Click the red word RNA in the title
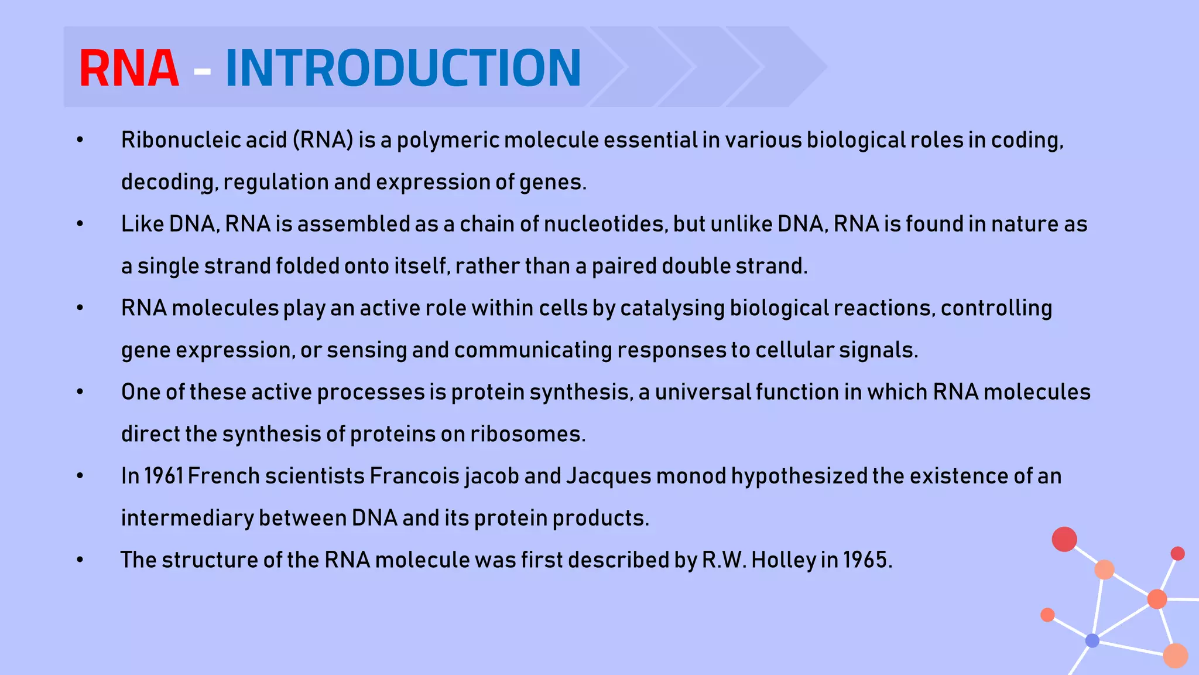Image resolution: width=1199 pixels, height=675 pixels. click(x=129, y=69)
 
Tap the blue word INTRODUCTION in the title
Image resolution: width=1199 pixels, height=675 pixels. click(x=403, y=69)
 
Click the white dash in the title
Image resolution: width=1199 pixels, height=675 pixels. click(x=202, y=71)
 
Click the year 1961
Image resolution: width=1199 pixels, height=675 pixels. click(x=164, y=476)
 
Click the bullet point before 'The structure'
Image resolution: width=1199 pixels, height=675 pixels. click(x=80, y=560)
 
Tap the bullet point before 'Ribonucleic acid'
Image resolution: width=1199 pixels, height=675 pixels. click(x=80, y=140)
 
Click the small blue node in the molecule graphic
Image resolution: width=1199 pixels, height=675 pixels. click(x=1092, y=640)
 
